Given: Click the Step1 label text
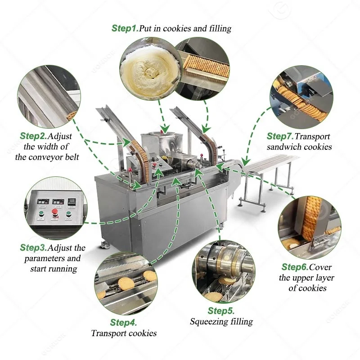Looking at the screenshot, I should coord(125,28).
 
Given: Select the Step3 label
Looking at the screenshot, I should coord(32,247).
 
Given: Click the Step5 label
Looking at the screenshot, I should coord(221,310).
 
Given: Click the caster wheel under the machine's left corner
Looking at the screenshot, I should coord(105,244).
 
